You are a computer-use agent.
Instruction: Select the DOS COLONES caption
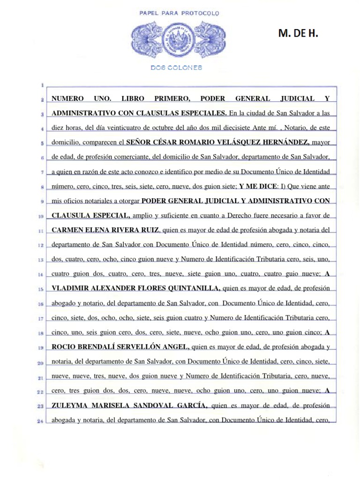[176, 67]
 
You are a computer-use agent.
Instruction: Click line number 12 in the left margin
[41, 245]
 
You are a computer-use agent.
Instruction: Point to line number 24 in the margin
[41, 421]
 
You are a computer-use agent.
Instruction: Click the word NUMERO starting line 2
[67, 98]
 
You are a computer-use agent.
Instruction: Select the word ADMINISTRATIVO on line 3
[80, 113]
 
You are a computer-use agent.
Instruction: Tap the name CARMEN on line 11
[67, 230]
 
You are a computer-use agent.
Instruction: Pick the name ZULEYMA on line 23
[69, 405]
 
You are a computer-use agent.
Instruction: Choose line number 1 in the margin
[42, 85]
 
